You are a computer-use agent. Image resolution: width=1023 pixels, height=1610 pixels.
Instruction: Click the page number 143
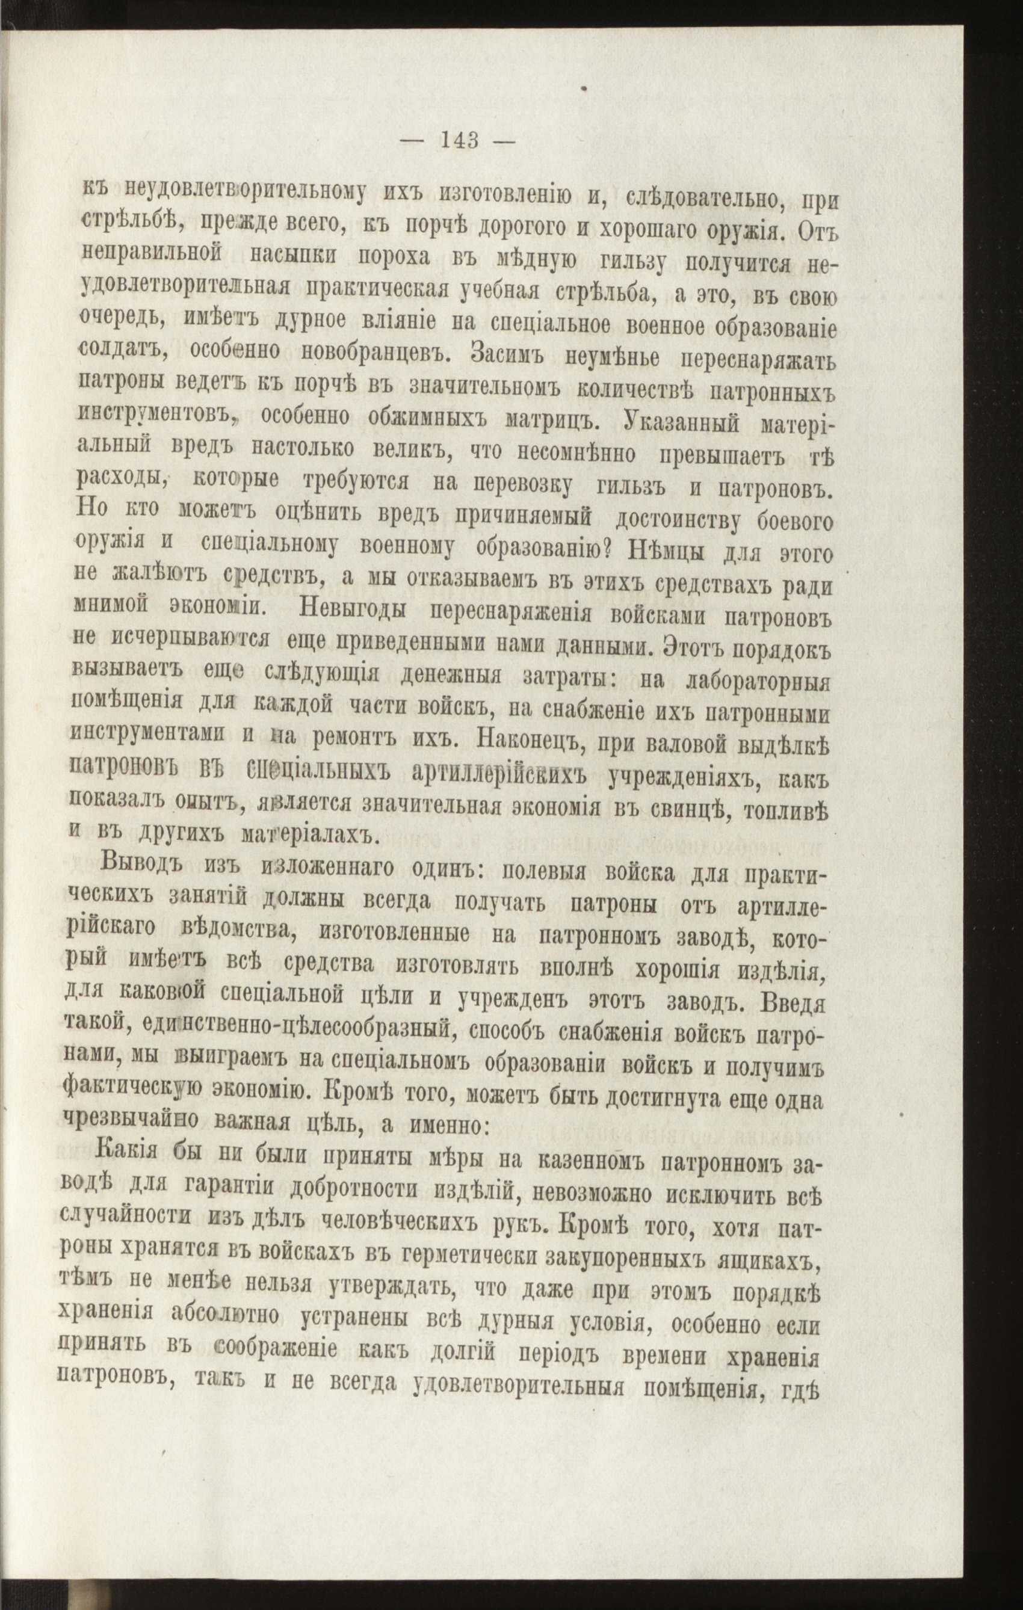click(459, 141)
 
